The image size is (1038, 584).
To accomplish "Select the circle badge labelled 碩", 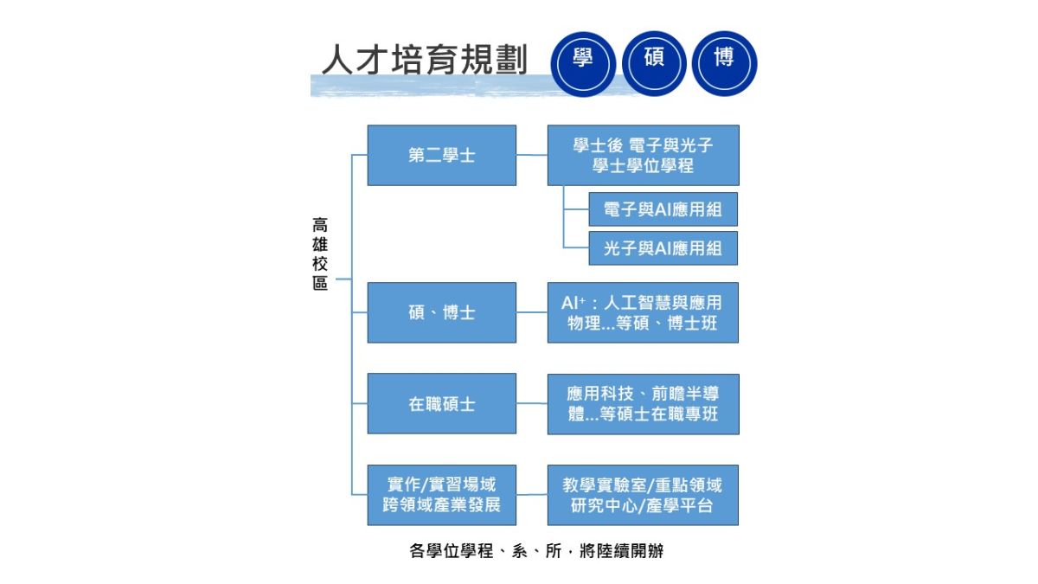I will (x=654, y=62).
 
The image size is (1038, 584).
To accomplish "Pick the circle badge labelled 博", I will (x=725, y=62).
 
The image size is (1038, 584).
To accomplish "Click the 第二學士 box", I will (x=441, y=156).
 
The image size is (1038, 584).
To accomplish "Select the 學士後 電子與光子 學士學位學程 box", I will (x=643, y=156).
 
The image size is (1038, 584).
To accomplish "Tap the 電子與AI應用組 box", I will (x=663, y=209).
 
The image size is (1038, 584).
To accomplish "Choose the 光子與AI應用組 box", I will (x=663, y=248).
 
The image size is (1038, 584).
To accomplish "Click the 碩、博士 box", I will (x=441, y=312).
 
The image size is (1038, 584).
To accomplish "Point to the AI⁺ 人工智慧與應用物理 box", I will (x=643, y=312).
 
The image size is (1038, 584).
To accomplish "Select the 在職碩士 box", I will (x=441, y=404).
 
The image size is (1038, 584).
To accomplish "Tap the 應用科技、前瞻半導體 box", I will (x=643, y=404).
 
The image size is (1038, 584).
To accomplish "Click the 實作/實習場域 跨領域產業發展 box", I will (x=441, y=495).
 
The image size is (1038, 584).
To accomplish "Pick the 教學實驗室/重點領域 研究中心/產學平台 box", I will (x=643, y=495).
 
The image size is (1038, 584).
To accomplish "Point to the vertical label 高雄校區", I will (x=320, y=253).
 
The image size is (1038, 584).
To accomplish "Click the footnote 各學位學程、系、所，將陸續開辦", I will (x=536, y=550).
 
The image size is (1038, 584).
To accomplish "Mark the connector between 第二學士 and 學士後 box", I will (x=532, y=156).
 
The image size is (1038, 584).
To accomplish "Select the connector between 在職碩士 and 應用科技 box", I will (x=532, y=404).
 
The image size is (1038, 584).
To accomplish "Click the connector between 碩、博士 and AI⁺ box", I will (x=532, y=312).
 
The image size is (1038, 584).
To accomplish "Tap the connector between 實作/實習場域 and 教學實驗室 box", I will (x=532, y=495).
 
